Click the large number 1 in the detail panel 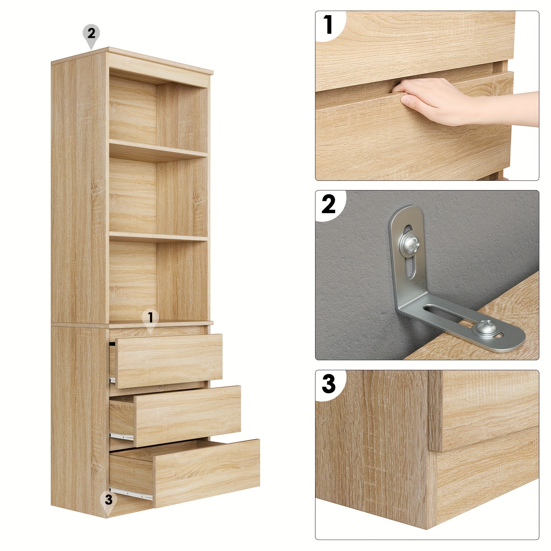[328, 25]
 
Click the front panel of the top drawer [169, 361]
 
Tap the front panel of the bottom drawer [206, 473]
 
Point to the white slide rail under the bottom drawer [131, 493]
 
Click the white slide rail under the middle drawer [122, 436]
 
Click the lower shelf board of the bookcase [158, 237]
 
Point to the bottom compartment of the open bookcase [158, 281]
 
